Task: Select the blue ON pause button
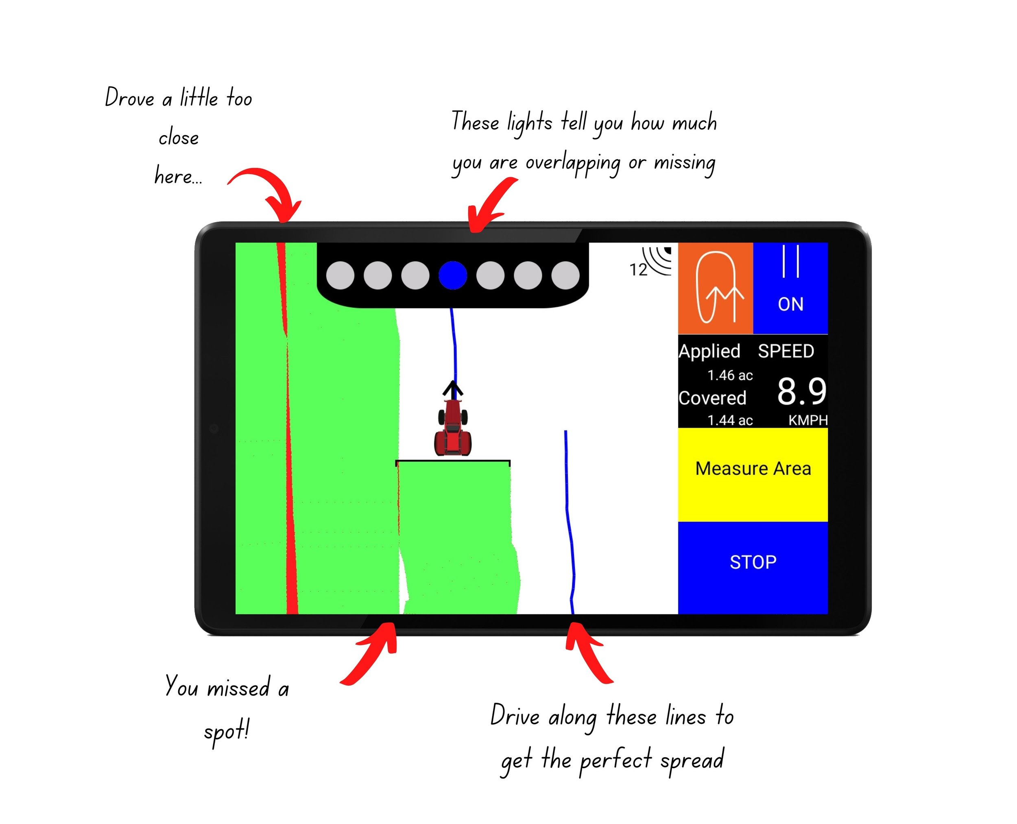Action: pos(790,288)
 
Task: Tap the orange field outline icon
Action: pos(715,288)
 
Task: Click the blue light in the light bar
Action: pos(453,275)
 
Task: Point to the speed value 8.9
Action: pos(801,392)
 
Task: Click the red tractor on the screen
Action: pos(453,427)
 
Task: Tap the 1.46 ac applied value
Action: pos(730,376)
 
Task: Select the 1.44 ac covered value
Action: pos(730,420)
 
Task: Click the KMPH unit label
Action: pos(808,420)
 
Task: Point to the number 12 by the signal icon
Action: pos(638,270)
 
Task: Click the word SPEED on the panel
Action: pos(786,351)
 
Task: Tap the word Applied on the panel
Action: pos(709,351)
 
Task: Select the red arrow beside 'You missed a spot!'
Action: pos(373,655)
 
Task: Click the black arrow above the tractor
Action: pos(453,389)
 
